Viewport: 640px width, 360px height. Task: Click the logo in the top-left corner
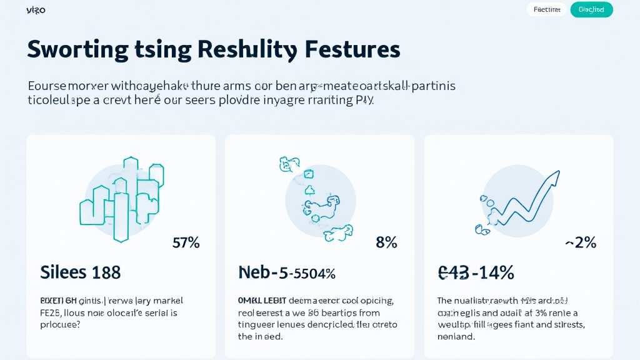coord(36,10)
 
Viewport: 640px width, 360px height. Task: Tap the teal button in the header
coord(591,9)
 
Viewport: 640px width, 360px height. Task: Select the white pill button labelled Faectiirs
coord(547,9)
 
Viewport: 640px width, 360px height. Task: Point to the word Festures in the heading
coord(351,49)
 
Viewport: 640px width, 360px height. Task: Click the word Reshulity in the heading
coord(247,49)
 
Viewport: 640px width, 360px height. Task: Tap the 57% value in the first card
coord(186,242)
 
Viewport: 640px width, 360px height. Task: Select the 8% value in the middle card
coord(386,242)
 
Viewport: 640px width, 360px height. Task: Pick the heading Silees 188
coord(80,272)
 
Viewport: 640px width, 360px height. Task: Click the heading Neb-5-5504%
coord(287,272)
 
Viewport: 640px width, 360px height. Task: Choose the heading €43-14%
coord(476,272)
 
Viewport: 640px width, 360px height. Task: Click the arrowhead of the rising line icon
coord(552,177)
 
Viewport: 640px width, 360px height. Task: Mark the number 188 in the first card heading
coord(106,272)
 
